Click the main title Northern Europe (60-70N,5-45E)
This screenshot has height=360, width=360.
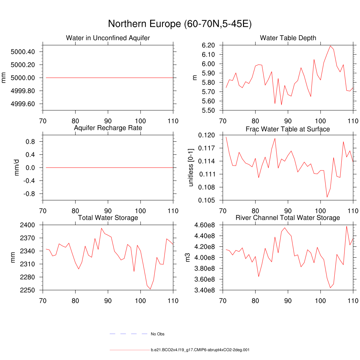click(180, 24)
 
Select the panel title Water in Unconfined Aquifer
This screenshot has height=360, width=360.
click(108, 38)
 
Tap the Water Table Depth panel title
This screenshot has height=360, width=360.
click(288, 38)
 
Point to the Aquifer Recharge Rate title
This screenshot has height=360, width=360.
click(108, 128)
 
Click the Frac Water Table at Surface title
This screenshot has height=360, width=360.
click(288, 129)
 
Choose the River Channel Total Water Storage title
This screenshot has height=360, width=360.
click(288, 218)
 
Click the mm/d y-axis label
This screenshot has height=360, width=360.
click(17, 168)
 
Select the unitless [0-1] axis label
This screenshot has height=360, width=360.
click(191, 168)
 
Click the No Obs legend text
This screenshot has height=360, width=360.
click(157, 334)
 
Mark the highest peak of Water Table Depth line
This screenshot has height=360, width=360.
click(330, 46)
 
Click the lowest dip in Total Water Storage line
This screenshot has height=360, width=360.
click(150, 289)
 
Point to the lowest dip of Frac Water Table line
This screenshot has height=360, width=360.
click(327, 197)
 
